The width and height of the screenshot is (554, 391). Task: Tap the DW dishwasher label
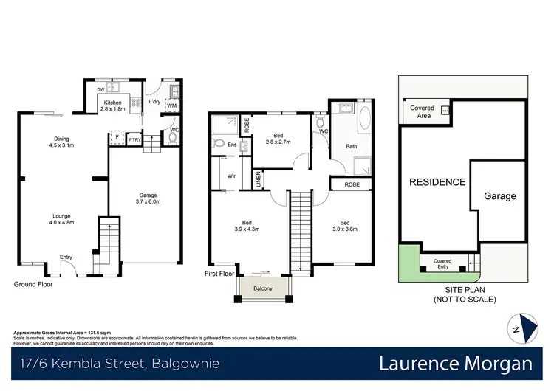tap(101, 90)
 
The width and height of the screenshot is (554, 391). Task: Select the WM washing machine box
tap(171, 107)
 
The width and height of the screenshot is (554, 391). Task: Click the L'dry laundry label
tap(155, 101)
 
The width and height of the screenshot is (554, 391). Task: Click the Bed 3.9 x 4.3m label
tap(247, 226)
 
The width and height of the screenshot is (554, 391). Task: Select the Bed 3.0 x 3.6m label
tap(344, 226)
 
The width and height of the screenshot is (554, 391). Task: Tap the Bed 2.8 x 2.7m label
tap(278, 139)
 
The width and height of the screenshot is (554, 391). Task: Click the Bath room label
tap(352, 146)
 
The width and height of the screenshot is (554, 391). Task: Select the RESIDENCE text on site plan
tap(438, 182)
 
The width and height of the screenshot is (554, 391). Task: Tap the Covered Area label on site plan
tap(422, 111)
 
